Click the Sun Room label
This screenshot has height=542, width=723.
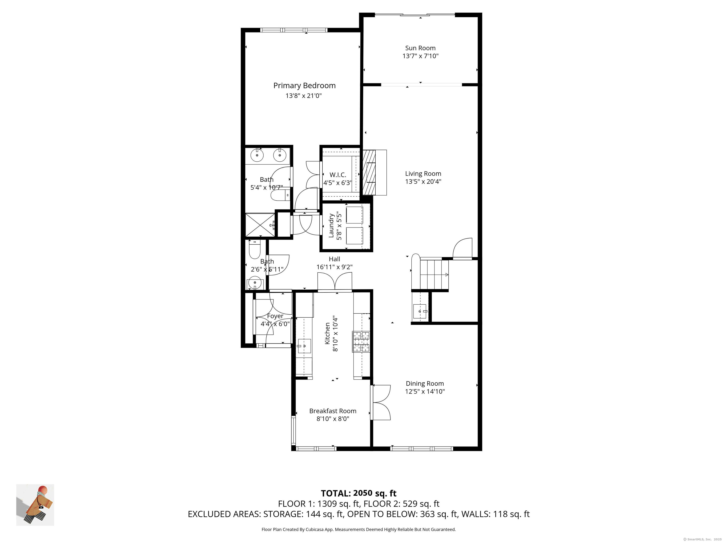click(420, 48)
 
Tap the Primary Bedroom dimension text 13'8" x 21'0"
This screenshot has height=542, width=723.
click(303, 96)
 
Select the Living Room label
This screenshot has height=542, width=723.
click(423, 174)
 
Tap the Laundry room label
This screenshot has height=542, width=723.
click(331, 225)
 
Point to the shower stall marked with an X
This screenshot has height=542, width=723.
click(260, 225)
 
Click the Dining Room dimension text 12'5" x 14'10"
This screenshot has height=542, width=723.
click(425, 391)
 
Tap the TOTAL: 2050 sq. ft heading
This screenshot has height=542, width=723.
click(359, 493)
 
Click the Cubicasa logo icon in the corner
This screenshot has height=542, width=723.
click(35, 505)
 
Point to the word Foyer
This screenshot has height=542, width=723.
click(275, 316)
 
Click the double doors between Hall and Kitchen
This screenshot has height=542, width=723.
click(335, 282)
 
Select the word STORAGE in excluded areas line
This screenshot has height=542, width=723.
click(283, 514)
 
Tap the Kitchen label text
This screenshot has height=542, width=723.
click(327, 333)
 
